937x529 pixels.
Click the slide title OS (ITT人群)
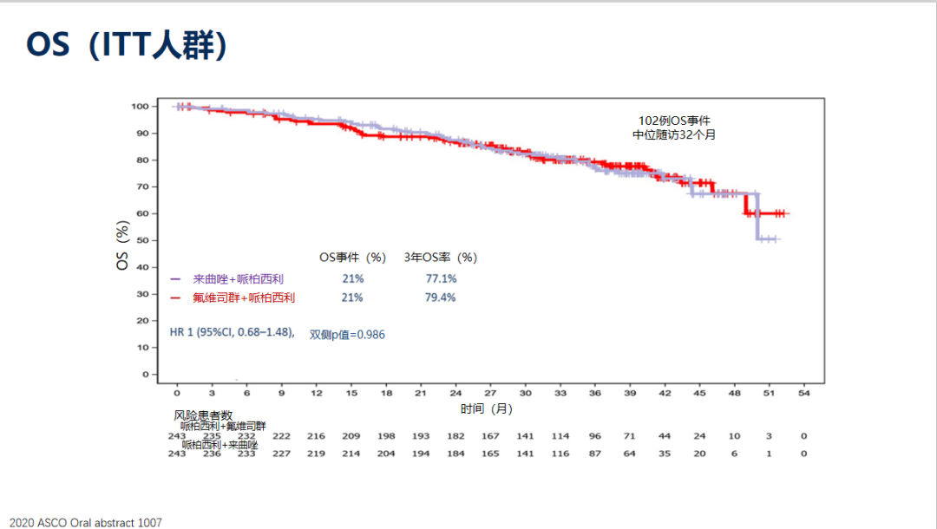(x=127, y=45)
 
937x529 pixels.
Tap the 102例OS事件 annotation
(x=674, y=121)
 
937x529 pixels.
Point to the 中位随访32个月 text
(x=674, y=134)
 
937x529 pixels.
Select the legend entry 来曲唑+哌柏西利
(x=239, y=278)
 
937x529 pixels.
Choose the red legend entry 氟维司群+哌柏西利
(x=243, y=297)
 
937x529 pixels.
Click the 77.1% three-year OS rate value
(x=441, y=278)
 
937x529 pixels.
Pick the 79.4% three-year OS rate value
(x=441, y=297)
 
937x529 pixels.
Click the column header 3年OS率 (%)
(x=441, y=258)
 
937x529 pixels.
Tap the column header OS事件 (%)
(x=352, y=258)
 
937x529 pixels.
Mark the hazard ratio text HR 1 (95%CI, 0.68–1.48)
(x=233, y=332)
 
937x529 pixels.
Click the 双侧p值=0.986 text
(x=347, y=334)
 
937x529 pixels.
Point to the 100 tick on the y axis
(x=139, y=106)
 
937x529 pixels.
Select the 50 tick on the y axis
(x=141, y=240)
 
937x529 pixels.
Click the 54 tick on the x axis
(x=804, y=393)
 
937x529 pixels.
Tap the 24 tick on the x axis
(x=455, y=393)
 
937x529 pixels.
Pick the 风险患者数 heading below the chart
(x=204, y=415)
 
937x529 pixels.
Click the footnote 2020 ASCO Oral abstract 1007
(x=82, y=522)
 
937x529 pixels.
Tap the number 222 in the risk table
(x=281, y=436)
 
